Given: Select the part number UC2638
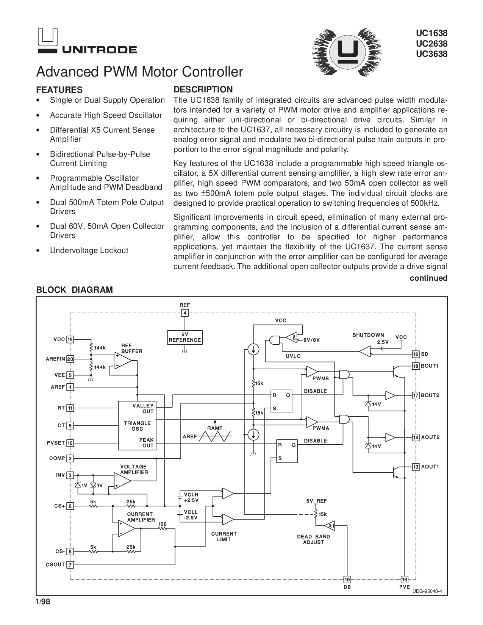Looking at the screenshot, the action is [x=431, y=44].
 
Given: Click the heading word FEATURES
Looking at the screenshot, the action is [x=59, y=90].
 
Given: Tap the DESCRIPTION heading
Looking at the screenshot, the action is [x=203, y=90].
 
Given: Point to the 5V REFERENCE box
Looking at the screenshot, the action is [x=185, y=337].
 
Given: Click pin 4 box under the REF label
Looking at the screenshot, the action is [x=185, y=313].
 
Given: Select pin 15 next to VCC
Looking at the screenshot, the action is [x=70, y=339].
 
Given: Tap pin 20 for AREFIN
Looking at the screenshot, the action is [x=70, y=359].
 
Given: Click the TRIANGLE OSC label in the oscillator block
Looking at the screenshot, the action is [x=137, y=426].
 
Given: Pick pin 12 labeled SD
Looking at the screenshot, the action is [x=416, y=354].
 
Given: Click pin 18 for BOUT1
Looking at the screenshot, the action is [x=416, y=366].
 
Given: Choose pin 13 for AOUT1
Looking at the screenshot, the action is [x=416, y=467].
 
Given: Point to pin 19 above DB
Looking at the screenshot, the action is [x=347, y=579].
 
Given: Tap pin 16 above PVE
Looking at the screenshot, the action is [x=405, y=579].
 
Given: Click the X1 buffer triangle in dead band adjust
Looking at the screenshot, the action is [x=330, y=526].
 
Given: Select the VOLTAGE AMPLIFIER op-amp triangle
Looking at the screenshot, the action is [x=122, y=481].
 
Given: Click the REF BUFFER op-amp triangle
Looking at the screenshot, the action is [x=123, y=360].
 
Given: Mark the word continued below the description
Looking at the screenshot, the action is [x=428, y=278].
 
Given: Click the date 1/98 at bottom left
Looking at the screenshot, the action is [x=42, y=602].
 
